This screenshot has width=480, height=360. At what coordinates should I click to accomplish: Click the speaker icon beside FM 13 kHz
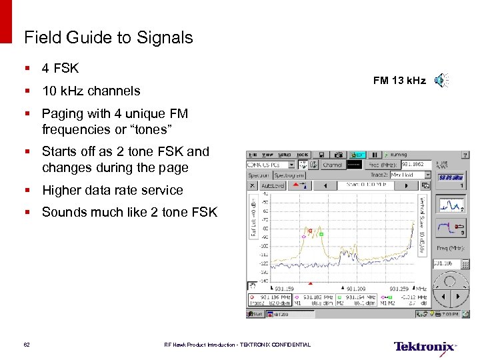tap(441, 81)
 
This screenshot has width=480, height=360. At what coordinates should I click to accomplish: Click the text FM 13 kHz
tap(399, 81)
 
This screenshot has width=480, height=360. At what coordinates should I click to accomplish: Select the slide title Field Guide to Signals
tap(108, 37)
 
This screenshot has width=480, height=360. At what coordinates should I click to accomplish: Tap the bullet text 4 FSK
tap(60, 68)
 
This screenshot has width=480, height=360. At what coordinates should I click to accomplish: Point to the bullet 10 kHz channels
tap(91, 91)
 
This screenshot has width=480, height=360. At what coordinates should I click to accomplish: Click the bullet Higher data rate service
tap(112, 190)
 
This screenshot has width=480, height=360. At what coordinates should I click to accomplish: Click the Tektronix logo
tap(425, 347)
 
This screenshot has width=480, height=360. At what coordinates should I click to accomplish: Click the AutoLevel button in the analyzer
tap(273, 185)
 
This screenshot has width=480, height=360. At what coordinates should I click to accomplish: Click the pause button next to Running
tap(375, 154)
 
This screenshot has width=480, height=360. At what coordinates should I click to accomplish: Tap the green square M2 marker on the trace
tap(321, 235)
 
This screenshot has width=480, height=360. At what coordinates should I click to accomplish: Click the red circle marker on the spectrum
tap(310, 230)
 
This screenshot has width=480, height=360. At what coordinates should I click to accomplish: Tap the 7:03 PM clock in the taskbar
tap(449, 313)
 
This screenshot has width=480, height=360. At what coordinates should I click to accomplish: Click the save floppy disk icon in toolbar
tap(321, 154)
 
